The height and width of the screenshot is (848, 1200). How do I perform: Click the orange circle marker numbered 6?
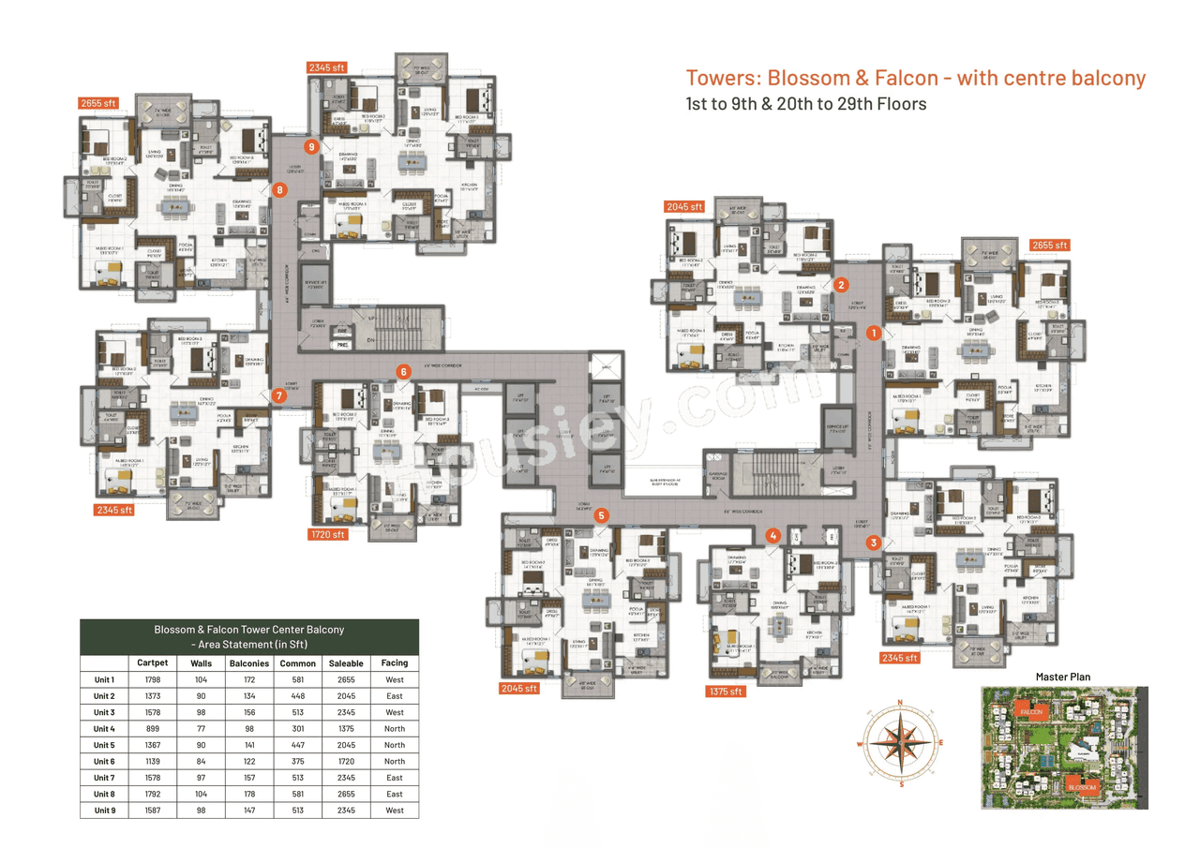(403, 371)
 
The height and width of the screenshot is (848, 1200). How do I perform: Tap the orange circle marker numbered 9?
(311, 146)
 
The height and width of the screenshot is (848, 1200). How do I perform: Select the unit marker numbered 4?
(772, 536)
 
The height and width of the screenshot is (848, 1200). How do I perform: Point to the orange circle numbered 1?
(873, 332)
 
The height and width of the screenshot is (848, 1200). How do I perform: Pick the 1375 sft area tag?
(725, 692)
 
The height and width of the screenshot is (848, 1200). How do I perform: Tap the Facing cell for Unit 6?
(395, 762)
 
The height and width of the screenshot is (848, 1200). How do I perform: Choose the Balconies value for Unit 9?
(250, 811)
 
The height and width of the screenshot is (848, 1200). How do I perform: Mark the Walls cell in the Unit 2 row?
(201, 696)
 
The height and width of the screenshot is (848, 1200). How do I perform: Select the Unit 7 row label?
(104, 778)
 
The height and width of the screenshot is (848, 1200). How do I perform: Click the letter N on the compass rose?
(900, 702)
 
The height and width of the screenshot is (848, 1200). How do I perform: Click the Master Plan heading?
(1062, 677)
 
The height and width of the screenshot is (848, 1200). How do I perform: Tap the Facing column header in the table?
(395, 663)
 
